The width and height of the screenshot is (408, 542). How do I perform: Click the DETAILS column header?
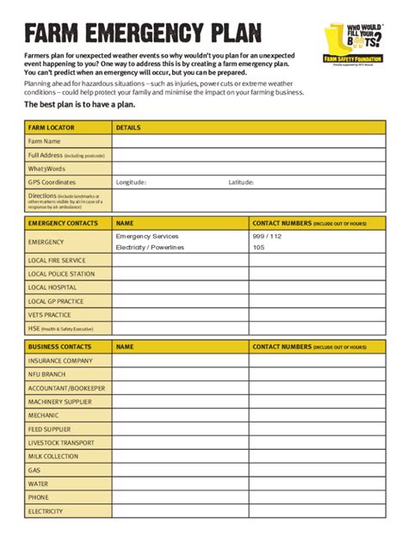tap(128, 126)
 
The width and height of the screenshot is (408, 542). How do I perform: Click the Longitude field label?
tap(131, 182)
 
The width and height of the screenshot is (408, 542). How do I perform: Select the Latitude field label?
tap(241, 182)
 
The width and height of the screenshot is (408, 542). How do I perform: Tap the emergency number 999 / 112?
tap(267, 236)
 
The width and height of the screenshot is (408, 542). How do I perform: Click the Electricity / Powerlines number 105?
tap(258, 248)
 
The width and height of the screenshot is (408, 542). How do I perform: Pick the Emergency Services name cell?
tap(147, 236)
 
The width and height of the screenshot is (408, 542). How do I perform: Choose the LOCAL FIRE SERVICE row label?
tap(57, 260)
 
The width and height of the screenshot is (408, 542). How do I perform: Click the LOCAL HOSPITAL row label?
tap(53, 287)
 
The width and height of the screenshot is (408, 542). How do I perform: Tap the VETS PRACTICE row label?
tap(49, 315)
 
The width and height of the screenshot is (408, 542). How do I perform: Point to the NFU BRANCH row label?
tap(46, 374)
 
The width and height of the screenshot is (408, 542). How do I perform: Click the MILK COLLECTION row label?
tap(53, 456)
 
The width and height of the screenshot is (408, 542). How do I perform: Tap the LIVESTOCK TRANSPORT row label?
tap(61, 442)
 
